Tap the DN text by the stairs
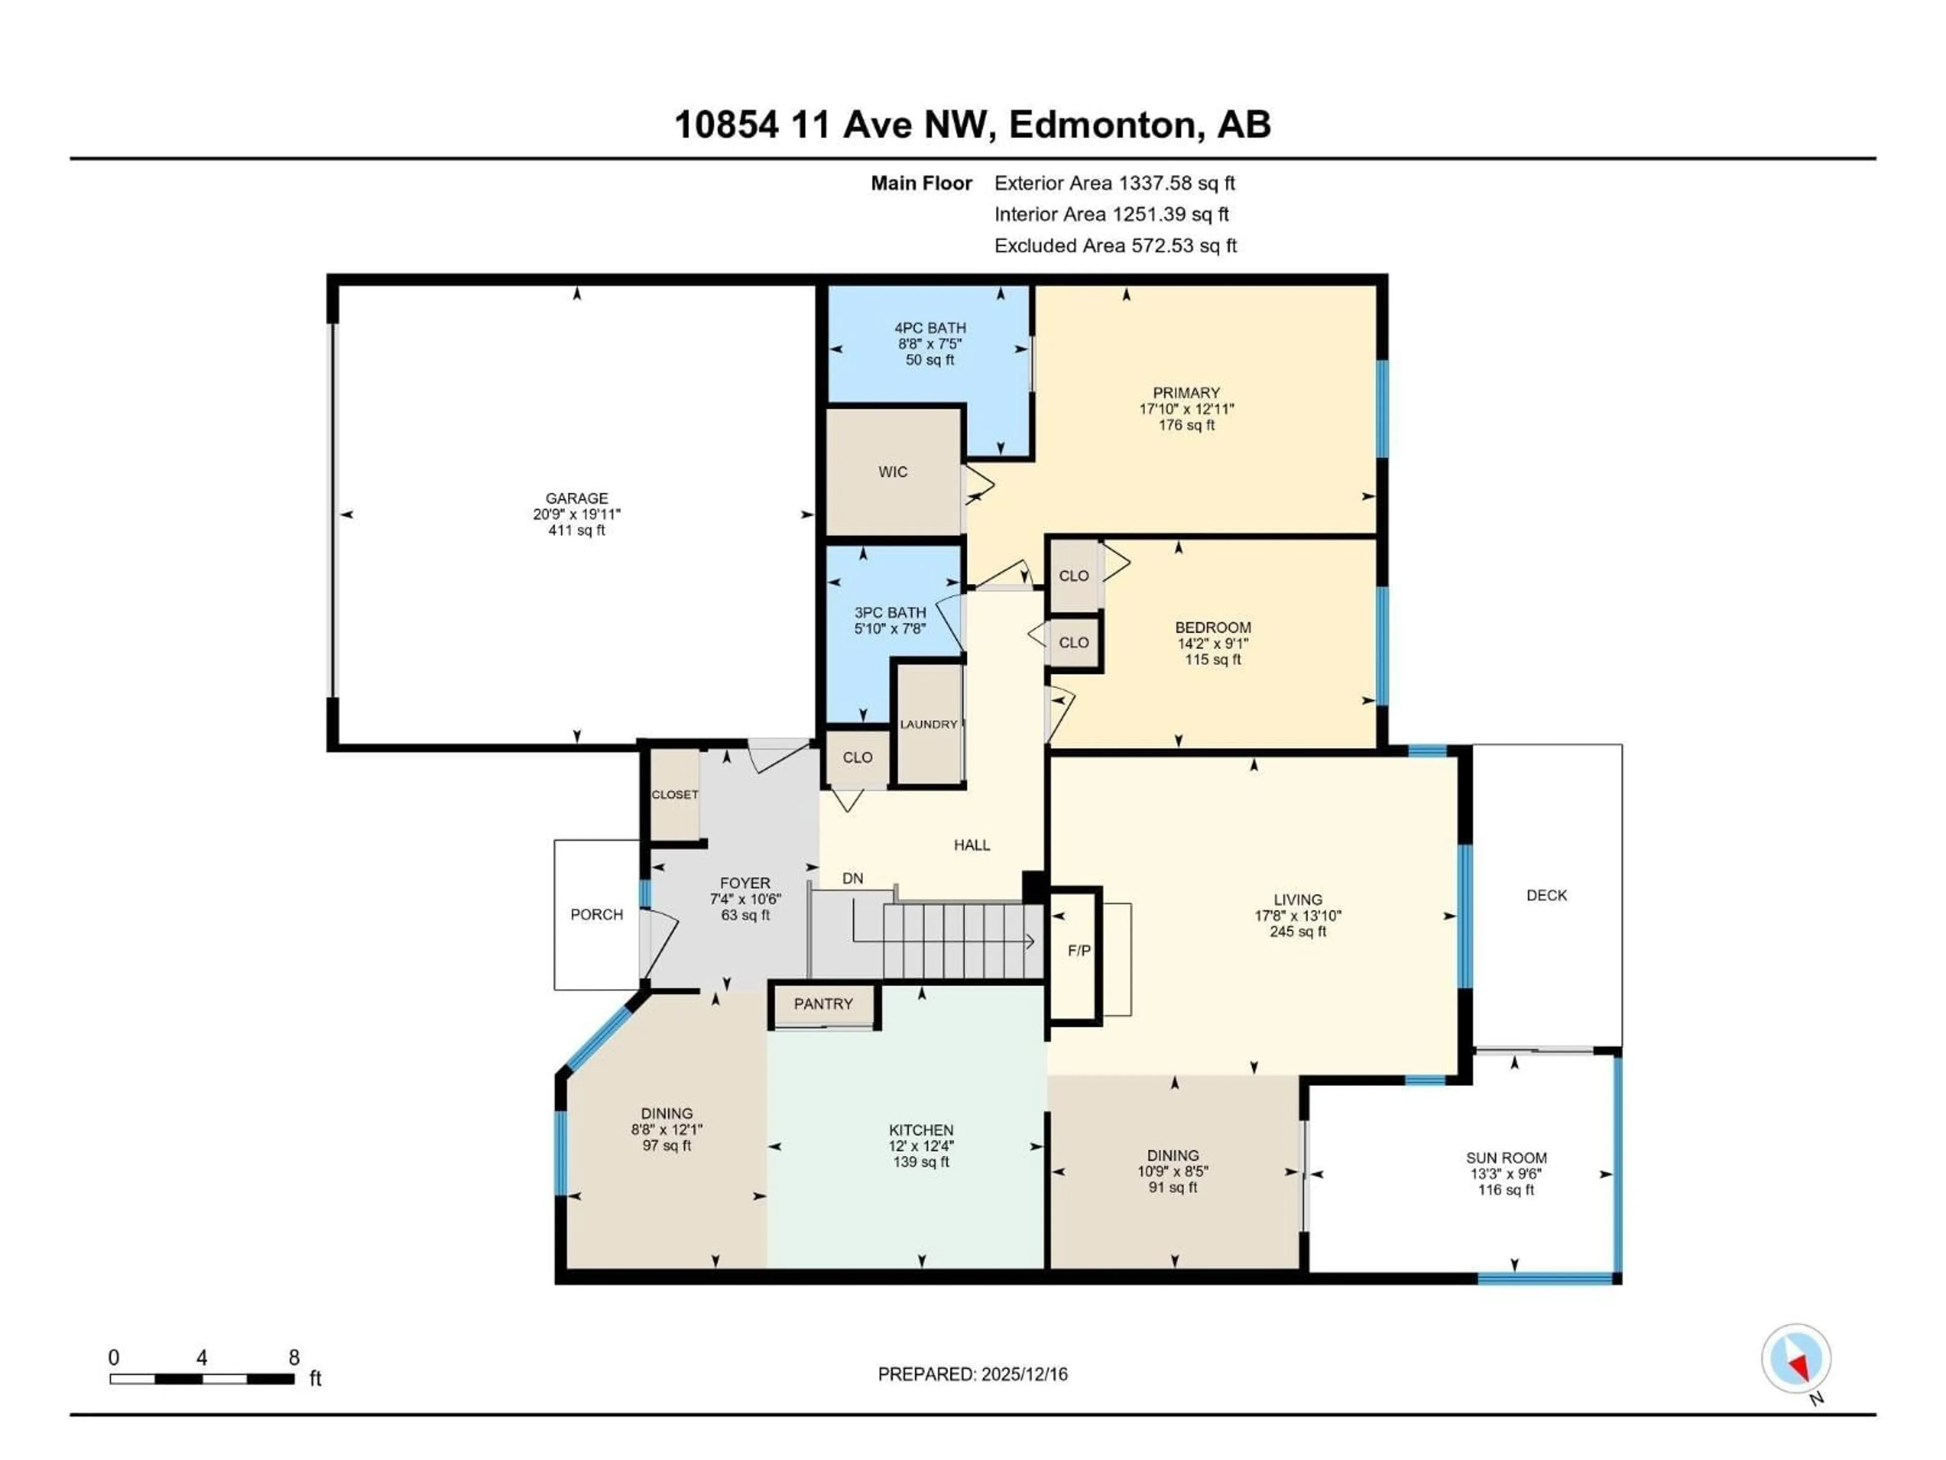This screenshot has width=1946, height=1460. point(851,879)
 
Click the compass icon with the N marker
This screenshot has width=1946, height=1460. point(1795,1358)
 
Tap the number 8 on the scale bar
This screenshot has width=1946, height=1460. point(294,1357)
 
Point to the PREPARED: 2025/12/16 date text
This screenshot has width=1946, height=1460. point(972,1374)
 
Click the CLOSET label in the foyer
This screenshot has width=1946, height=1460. point(675,795)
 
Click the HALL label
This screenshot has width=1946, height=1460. point(971,845)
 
